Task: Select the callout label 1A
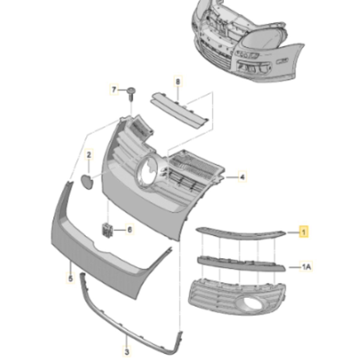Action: [306, 268]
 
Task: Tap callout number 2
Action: [89, 155]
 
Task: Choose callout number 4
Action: [242, 176]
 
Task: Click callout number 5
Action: [70, 279]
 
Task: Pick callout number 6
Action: [130, 229]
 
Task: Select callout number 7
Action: [114, 90]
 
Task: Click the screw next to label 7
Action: [131, 94]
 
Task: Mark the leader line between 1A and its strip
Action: [294, 268]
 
